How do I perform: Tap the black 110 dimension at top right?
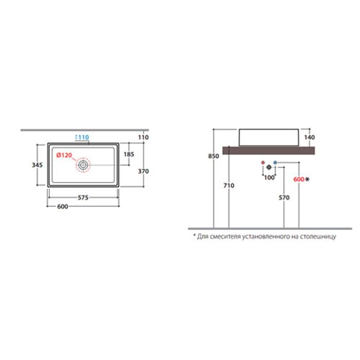pyautogui.click(x=143, y=137)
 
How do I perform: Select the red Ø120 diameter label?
pyautogui.click(x=64, y=155)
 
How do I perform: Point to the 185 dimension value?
pyautogui.click(x=129, y=154)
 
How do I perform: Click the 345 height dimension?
pyautogui.click(x=37, y=165)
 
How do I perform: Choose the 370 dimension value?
pyautogui.click(x=143, y=171)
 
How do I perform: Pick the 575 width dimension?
pyautogui.click(x=83, y=197)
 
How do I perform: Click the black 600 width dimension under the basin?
pyautogui.click(x=62, y=207)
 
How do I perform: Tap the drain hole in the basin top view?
pyautogui.click(x=83, y=165)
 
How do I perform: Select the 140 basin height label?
pyautogui.click(x=310, y=137)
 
